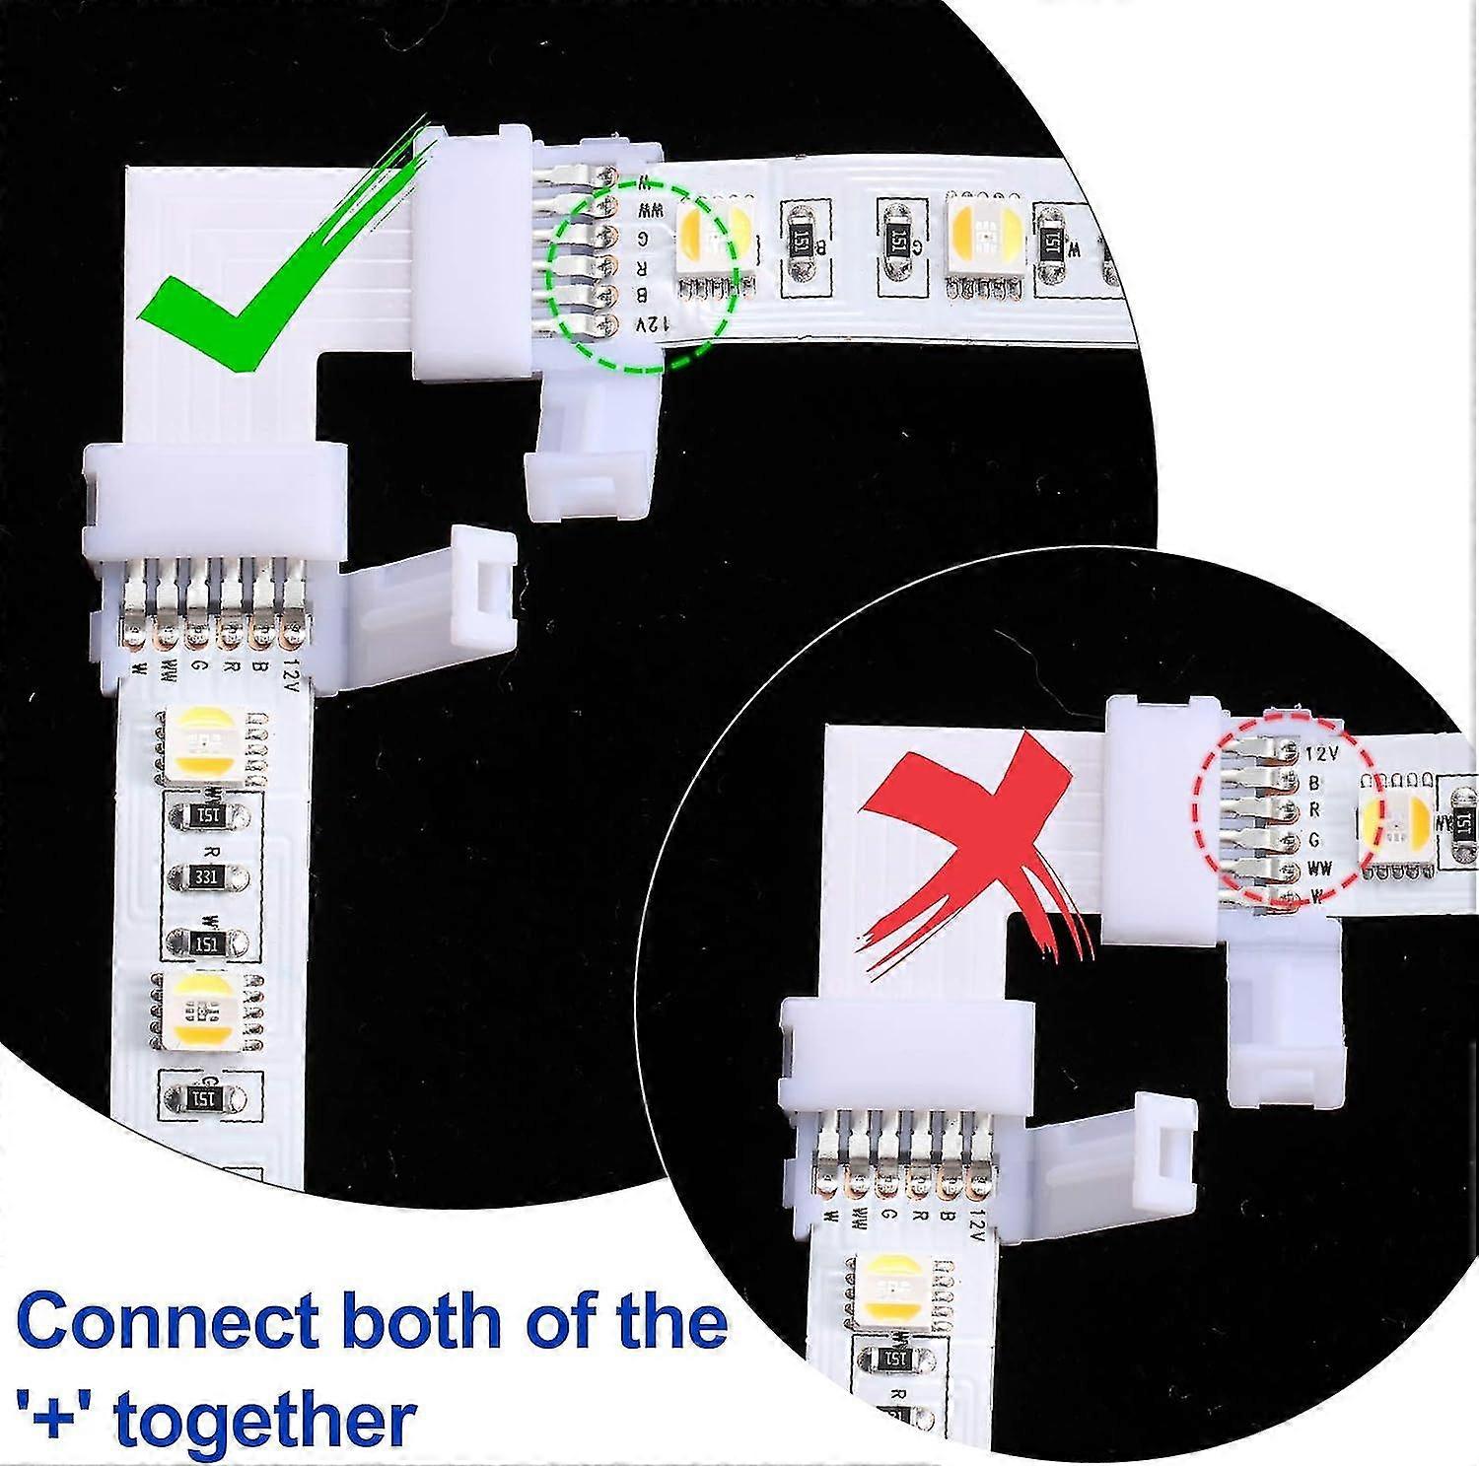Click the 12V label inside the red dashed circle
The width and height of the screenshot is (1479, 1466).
coord(1320,754)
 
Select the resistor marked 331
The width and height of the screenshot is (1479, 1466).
coord(206,875)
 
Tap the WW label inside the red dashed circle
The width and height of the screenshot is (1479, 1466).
coord(1319,869)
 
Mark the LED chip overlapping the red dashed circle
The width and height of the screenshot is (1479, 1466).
coord(1393,821)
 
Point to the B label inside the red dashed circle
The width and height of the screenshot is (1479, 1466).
coord(1314,783)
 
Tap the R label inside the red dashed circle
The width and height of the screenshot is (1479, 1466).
coord(1314,810)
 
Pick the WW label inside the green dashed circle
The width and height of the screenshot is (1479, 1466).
coord(647,210)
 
